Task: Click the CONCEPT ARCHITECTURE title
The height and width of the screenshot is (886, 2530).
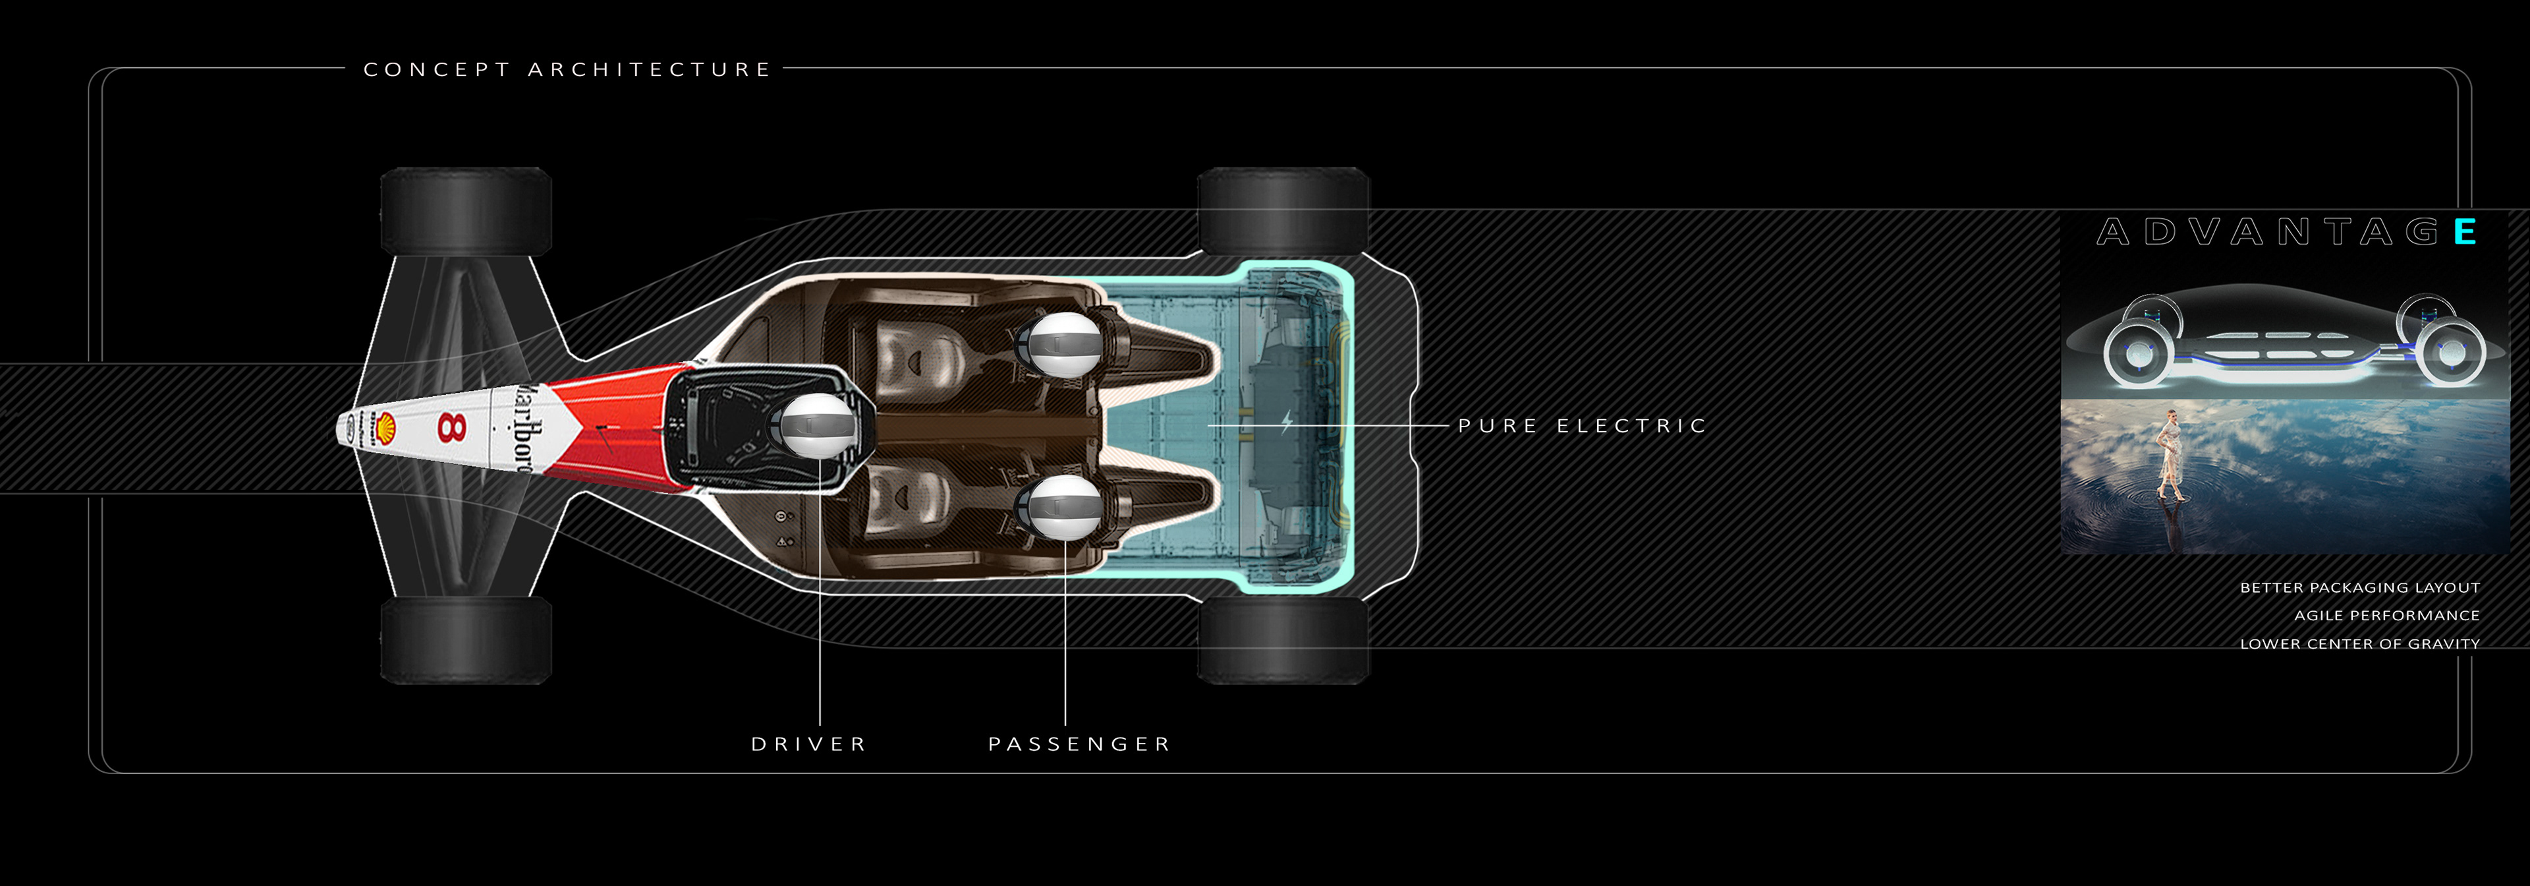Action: coord(567,70)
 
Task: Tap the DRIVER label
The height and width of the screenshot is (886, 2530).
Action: coord(809,744)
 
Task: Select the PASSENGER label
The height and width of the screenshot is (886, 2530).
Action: coord(1079,744)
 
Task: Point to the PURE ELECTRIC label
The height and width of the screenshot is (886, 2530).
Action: coord(1582,425)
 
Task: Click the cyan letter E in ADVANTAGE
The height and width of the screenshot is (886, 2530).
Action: coord(2464,232)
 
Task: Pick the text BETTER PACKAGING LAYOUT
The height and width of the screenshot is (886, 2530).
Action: coord(2359,587)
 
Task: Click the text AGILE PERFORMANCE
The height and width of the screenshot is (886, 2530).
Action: coord(2386,616)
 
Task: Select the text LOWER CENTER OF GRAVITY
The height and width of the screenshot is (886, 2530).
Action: coord(2359,644)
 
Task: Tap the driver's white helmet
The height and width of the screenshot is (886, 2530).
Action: coord(816,425)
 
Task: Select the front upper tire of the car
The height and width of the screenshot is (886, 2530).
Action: coord(466,211)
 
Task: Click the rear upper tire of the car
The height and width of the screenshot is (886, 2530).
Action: coord(1283,211)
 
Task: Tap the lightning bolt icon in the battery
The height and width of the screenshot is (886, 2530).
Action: coord(1287,423)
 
